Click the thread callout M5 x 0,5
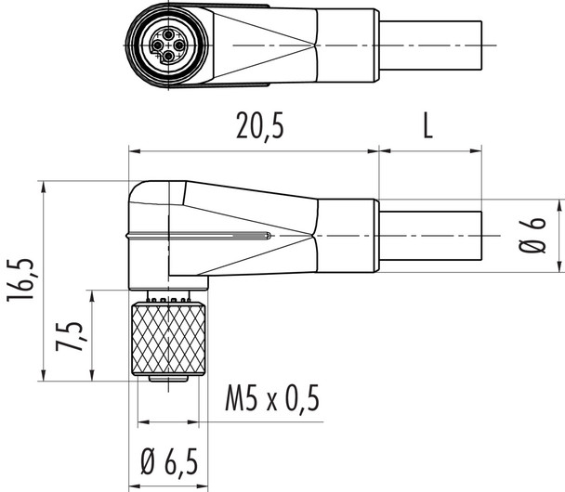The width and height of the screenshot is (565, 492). pyautogui.click(x=272, y=400)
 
